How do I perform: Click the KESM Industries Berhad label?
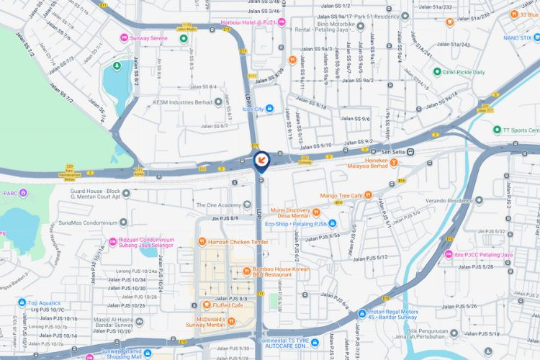[183, 102]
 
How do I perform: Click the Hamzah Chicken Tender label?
[239, 242]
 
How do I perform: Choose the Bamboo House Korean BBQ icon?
[246, 270]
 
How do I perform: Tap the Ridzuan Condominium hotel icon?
[112, 241]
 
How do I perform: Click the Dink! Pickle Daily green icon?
[436, 72]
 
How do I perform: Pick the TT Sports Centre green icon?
[497, 130]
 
